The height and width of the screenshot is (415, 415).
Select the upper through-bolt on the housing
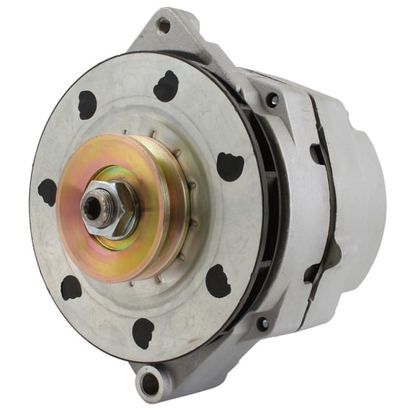[272, 100]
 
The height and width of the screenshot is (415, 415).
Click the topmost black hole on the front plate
[166, 86]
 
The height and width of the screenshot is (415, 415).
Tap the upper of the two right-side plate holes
[230, 166]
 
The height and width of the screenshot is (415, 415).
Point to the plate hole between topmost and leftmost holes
[87, 104]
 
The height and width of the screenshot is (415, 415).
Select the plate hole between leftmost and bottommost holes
[71, 287]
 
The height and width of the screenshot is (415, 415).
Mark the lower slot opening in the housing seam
[311, 272]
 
